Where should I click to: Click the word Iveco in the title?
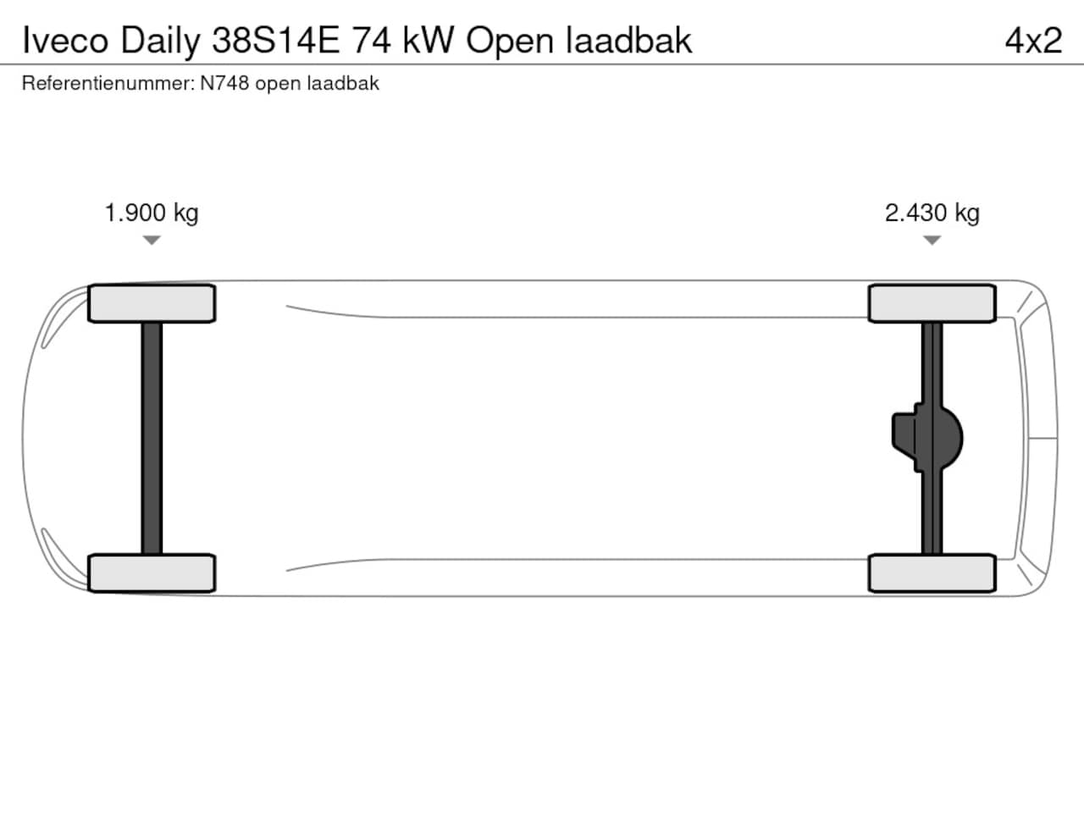coord(65,41)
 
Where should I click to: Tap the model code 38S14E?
coord(275,41)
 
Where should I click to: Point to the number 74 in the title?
coord(371,41)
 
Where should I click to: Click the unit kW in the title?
coord(429,41)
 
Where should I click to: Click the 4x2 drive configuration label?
coord(1033,41)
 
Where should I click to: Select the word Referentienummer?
coord(108,84)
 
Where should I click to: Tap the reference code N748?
coord(224,83)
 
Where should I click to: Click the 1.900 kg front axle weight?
coord(152,213)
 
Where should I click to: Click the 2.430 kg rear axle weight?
coord(932,213)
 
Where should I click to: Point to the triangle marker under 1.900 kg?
coord(152,240)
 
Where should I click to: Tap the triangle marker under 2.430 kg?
coord(932,240)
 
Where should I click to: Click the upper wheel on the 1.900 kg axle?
coord(152,303)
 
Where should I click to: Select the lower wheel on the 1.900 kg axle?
coord(152,573)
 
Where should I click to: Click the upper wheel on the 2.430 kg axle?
coord(932,303)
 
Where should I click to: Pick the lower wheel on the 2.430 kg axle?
coord(932,573)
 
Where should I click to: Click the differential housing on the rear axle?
coord(927,439)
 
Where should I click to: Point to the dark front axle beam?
coord(152,439)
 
